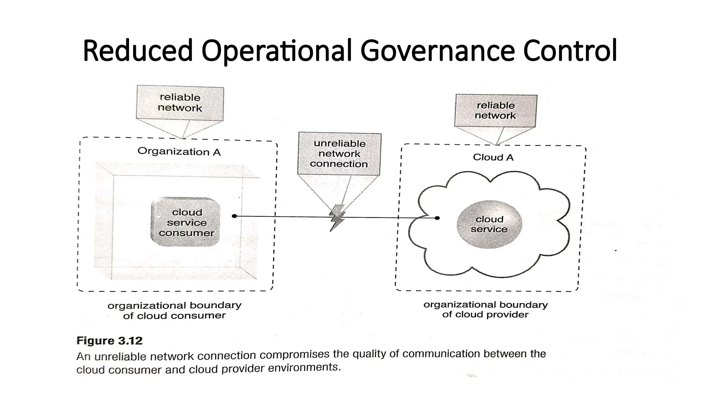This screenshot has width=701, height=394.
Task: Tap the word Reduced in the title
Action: (x=138, y=51)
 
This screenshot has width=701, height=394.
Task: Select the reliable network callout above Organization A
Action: (x=180, y=103)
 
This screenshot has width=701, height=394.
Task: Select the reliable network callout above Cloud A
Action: (x=496, y=110)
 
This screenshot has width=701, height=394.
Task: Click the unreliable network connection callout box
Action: (x=339, y=154)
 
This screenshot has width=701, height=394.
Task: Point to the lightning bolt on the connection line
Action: (x=337, y=218)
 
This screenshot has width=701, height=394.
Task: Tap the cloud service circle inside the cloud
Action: (x=489, y=224)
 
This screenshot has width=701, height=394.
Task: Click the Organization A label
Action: (x=179, y=152)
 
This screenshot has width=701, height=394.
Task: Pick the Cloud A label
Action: (x=493, y=157)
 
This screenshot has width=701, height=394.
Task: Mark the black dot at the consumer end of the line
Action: (x=234, y=216)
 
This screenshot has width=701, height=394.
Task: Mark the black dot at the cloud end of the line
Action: (x=437, y=218)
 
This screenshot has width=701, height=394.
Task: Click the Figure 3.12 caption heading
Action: (x=110, y=341)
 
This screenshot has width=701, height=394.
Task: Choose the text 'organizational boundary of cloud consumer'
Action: (x=175, y=310)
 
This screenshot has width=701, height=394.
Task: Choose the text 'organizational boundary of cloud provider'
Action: (x=485, y=310)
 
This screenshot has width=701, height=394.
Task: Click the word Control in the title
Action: (x=570, y=51)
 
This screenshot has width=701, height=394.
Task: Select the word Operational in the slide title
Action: (x=277, y=51)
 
